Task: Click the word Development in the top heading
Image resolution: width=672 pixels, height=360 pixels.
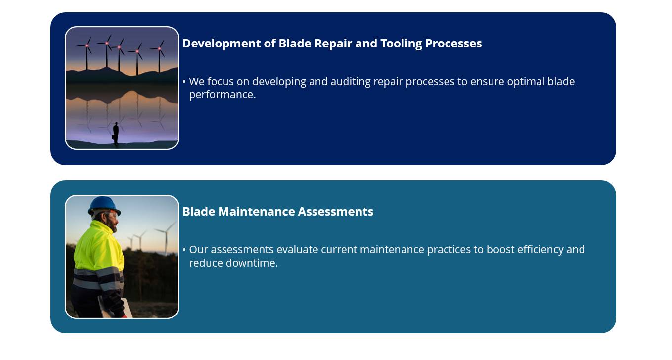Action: point(222,44)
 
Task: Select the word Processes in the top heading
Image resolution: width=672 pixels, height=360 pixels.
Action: point(453,44)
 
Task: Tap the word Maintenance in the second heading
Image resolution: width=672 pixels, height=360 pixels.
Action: point(257,212)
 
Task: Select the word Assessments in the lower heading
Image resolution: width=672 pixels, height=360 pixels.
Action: point(336,212)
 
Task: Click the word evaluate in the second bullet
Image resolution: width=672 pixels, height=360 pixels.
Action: point(297,250)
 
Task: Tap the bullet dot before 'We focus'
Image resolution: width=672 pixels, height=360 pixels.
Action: point(184,81)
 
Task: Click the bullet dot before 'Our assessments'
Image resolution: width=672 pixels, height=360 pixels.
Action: point(184,249)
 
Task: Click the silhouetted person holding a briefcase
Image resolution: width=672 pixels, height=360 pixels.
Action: point(116,134)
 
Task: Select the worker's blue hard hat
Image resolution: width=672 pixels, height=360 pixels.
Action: point(104,206)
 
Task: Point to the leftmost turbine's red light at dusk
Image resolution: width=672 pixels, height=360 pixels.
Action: point(87,45)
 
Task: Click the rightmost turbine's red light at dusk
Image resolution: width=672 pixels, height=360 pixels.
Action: point(159,48)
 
